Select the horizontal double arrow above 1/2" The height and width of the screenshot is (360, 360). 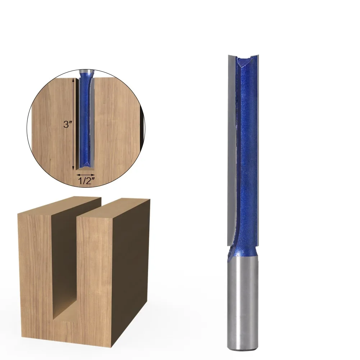[x=86, y=174]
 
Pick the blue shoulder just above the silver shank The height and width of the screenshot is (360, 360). [x=243, y=254]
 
